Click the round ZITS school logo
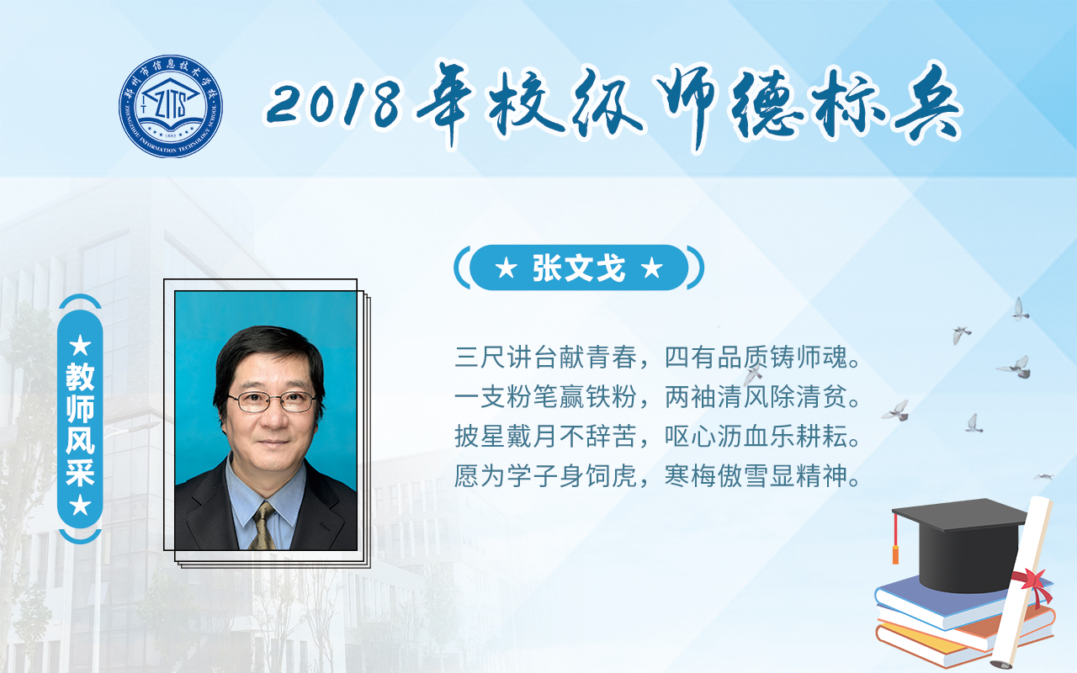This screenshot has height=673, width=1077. point(171,106)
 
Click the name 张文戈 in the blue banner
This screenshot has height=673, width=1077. point(579,268)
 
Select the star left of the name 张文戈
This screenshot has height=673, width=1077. point(507,268)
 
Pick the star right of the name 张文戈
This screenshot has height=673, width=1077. point(652,268)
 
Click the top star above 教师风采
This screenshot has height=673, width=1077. point(80,345)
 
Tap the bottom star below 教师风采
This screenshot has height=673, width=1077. point(80,506)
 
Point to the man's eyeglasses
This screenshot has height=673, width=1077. point(272,401)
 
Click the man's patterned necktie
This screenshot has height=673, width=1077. point(263,526)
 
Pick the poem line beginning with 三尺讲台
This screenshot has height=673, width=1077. point(657,358)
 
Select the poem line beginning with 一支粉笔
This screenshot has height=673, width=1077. point(657,397)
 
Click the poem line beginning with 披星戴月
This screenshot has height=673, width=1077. point(657,437)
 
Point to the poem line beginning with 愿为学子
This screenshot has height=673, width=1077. point(657,476)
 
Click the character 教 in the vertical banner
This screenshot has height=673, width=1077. point(80,378)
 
